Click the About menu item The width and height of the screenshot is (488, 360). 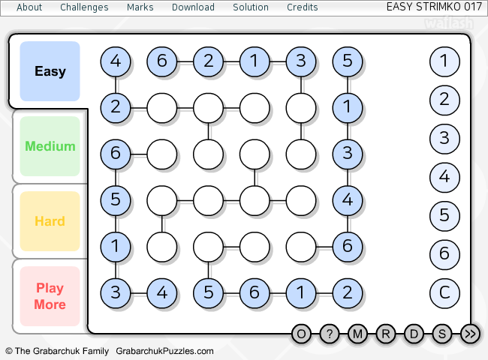[x=29, y=7]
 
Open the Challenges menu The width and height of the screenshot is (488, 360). [x=84, y=7]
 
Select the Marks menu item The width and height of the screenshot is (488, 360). [x=140, y=7]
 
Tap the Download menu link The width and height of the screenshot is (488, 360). [x=193, y=7]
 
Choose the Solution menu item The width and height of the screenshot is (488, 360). [x=251, y=7]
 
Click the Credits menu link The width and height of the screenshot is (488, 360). [x=303, y=7]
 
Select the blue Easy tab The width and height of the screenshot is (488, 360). [x=50, y=71]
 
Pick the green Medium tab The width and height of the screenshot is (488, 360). [x=50, y=146]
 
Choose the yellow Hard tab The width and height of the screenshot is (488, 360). [x=50, y=221]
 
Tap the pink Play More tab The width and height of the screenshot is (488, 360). [x=50, y=296]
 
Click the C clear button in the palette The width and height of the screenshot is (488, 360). [x=444, y=292]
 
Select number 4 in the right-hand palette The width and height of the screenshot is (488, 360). [x=444, y=177]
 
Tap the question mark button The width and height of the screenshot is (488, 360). [x=330, y=334]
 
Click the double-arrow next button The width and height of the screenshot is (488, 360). [x=470, y=334]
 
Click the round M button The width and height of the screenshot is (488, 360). [x=357, y=334]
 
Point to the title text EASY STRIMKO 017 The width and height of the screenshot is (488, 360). [x=434, y=7]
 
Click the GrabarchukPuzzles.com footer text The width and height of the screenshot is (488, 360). [x=164, y=351]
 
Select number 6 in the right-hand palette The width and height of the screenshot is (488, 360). [x=444, y=254]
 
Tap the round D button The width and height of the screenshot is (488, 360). [x=414, y=334]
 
